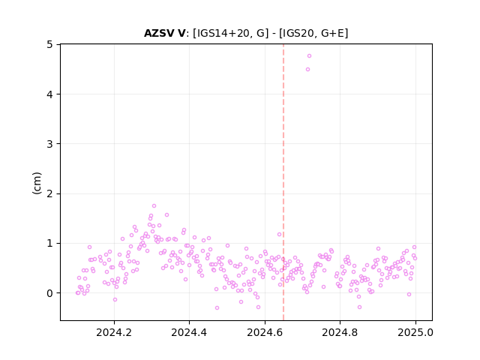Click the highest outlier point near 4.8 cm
(309, 55)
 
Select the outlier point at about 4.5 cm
(308, 70)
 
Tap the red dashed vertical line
(283, 182)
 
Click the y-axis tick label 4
(49, 94)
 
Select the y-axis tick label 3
(49, 144)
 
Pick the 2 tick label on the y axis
(49, 193)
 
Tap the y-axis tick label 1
(49, 243)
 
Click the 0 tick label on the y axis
(49, 293)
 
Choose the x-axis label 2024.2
(114, 332)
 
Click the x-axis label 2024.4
(189, 332)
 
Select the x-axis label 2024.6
(265, 332)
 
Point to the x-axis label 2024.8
(340, 332)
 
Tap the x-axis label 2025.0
(415, 332)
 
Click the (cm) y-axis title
(37, 183)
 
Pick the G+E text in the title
(333, 33)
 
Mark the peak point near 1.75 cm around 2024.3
(154, 205)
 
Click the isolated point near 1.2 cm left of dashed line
(279, 235)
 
